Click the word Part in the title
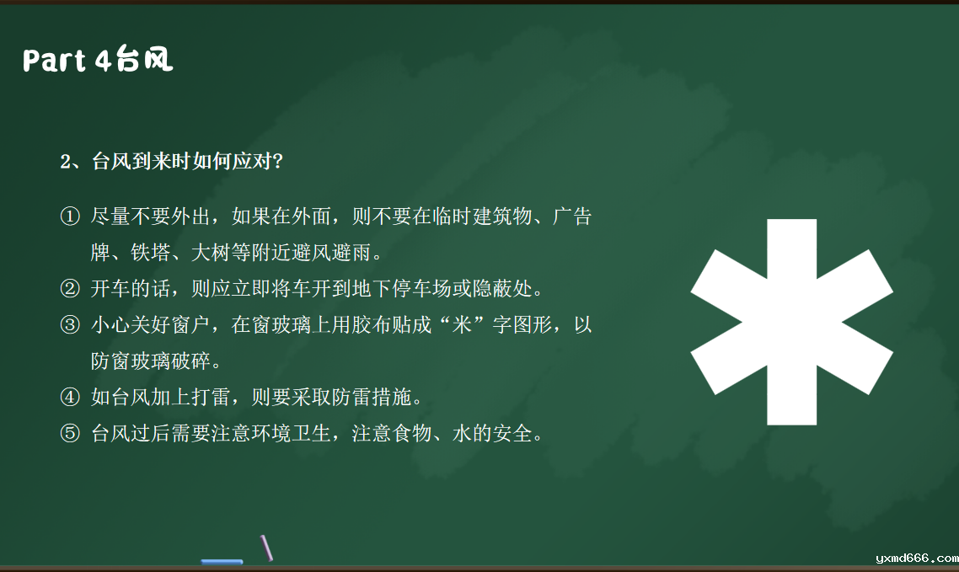55,61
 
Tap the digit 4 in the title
103,61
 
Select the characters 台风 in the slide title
144,59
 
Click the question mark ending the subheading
277,162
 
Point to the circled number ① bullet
70,216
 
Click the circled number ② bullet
70,288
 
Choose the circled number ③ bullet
70,324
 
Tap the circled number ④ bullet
70,398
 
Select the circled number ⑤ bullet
70,433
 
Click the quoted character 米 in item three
462,324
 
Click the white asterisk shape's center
792,322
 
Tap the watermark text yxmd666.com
917,558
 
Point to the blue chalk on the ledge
222,561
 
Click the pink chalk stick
266,548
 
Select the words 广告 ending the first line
572,216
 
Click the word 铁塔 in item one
151,252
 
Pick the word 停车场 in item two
422,288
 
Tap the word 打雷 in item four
211,398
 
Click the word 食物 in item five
411,433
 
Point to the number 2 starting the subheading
66,162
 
